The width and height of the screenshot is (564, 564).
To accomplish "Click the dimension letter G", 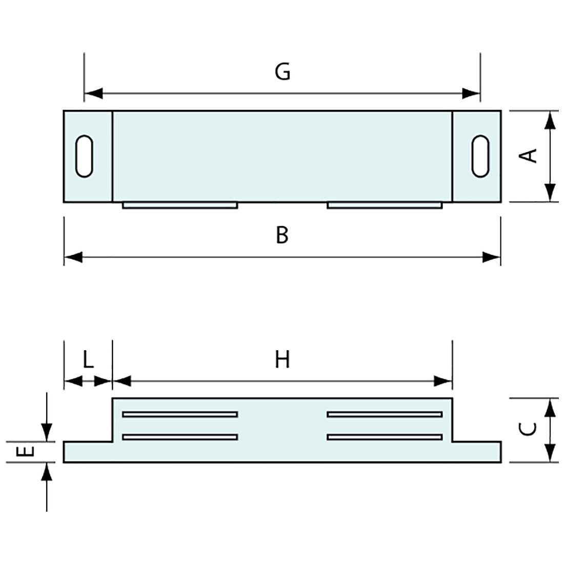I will (x=283, y=72).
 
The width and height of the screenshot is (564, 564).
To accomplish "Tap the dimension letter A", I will (x=529, y=155).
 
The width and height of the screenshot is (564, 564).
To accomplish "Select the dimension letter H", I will (x=282, y=360).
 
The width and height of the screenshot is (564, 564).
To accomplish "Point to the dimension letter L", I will (x=88, y=360).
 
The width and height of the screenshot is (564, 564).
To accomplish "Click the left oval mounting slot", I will (x=85, y=156).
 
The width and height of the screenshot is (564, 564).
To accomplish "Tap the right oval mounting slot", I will (x=480, y=156).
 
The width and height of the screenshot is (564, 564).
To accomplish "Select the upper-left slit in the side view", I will (x=180, y=414).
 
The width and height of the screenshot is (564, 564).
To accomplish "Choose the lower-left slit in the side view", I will (x=180, y=437).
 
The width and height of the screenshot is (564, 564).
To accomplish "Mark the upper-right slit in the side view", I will (x=385, y=414).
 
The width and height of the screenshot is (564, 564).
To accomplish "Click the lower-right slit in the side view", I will (x=385, y=437).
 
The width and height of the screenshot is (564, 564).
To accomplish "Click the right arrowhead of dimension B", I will (x=491, y=257).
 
